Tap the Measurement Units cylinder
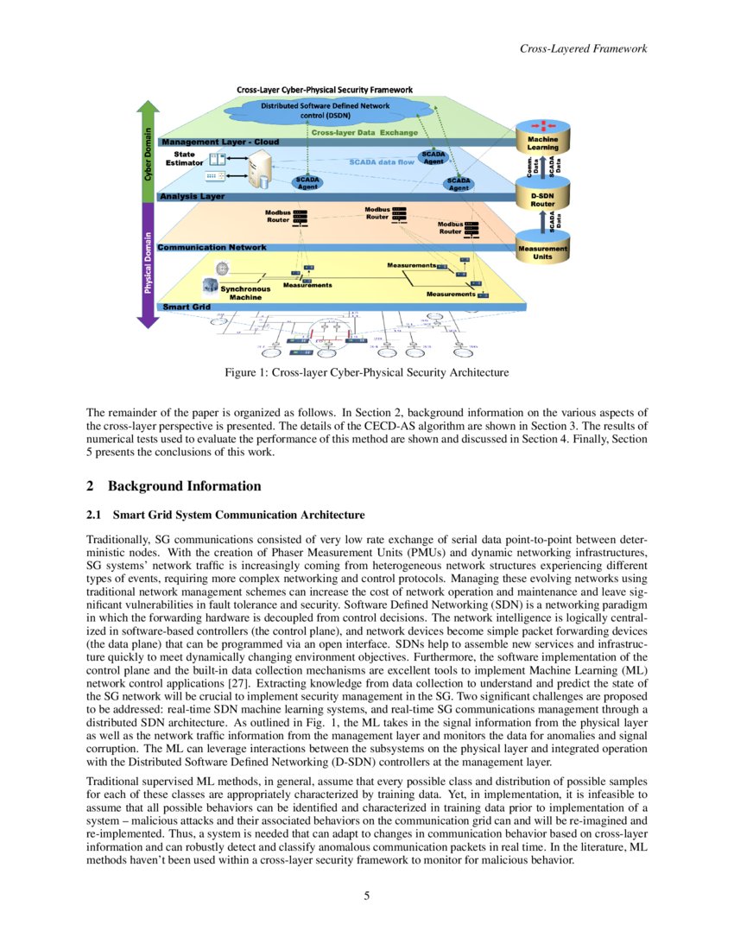click(x=542, y=250)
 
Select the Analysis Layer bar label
click(x=192, y=197)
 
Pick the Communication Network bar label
click(x=212, y=247)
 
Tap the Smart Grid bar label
click(x=187, y=307)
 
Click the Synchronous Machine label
click(x=245, y=293)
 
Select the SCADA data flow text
click(x=382, y=161)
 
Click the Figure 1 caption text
click(x=366, y=373)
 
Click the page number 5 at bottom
click(x=366, y=896)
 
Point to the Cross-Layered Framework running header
click(x=583, y=48)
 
